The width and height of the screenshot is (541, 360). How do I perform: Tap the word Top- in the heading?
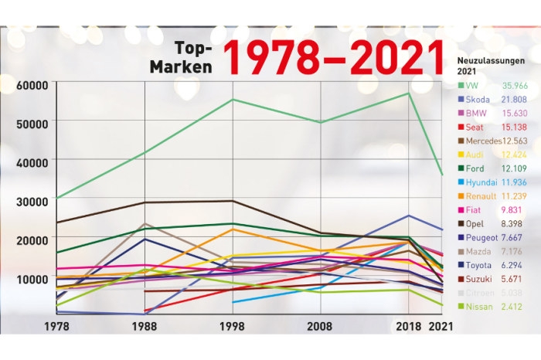193,47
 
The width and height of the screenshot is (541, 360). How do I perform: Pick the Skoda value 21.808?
513,100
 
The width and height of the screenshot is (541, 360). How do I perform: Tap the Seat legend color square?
461,127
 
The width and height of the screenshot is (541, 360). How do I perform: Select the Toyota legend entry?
479,264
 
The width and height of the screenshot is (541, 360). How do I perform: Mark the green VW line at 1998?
233,100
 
